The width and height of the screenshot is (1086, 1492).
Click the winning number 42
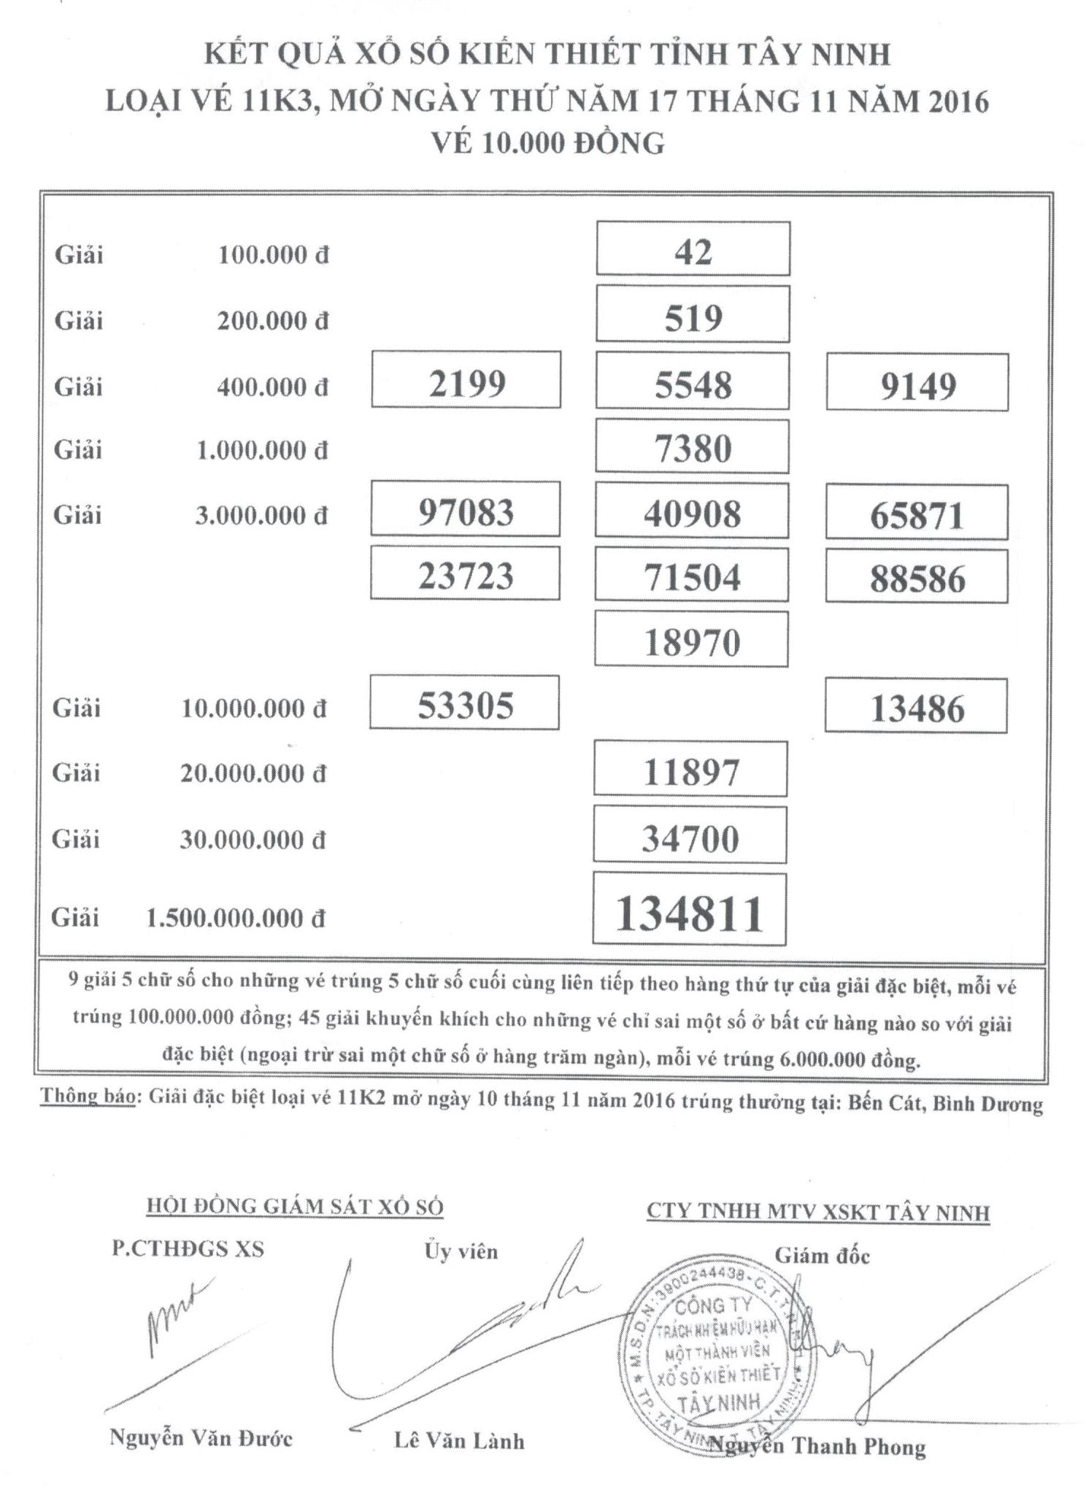point(692,252)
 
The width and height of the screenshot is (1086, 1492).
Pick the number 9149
point(917,384)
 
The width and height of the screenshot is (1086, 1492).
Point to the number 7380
point(692,447)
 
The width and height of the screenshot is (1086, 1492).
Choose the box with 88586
point(917,578)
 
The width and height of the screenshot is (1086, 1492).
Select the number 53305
point(465,705)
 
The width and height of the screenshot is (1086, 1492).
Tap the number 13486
point(917,708)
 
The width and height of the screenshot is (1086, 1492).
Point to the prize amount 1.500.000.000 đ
point(235,918)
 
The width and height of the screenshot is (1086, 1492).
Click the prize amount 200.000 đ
point(273,320)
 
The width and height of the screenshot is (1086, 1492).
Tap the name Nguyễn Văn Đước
point(201,1438)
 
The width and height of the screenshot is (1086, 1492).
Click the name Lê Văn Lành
point(459,1441)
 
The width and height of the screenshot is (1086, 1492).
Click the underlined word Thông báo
point(87,1097)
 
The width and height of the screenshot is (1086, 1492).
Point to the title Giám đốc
point(822,1256)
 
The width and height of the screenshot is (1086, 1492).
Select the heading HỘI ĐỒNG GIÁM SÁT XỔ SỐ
point(295,1207)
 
